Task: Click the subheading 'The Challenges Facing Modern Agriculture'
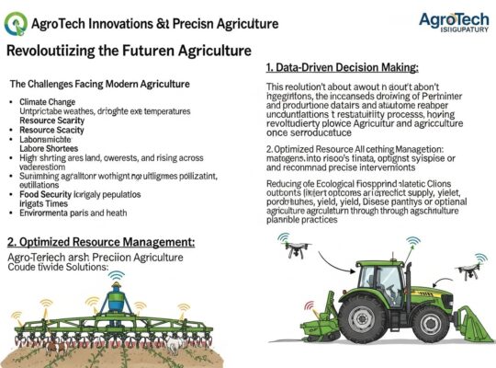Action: pyautogui.click(x=100, y=84)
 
